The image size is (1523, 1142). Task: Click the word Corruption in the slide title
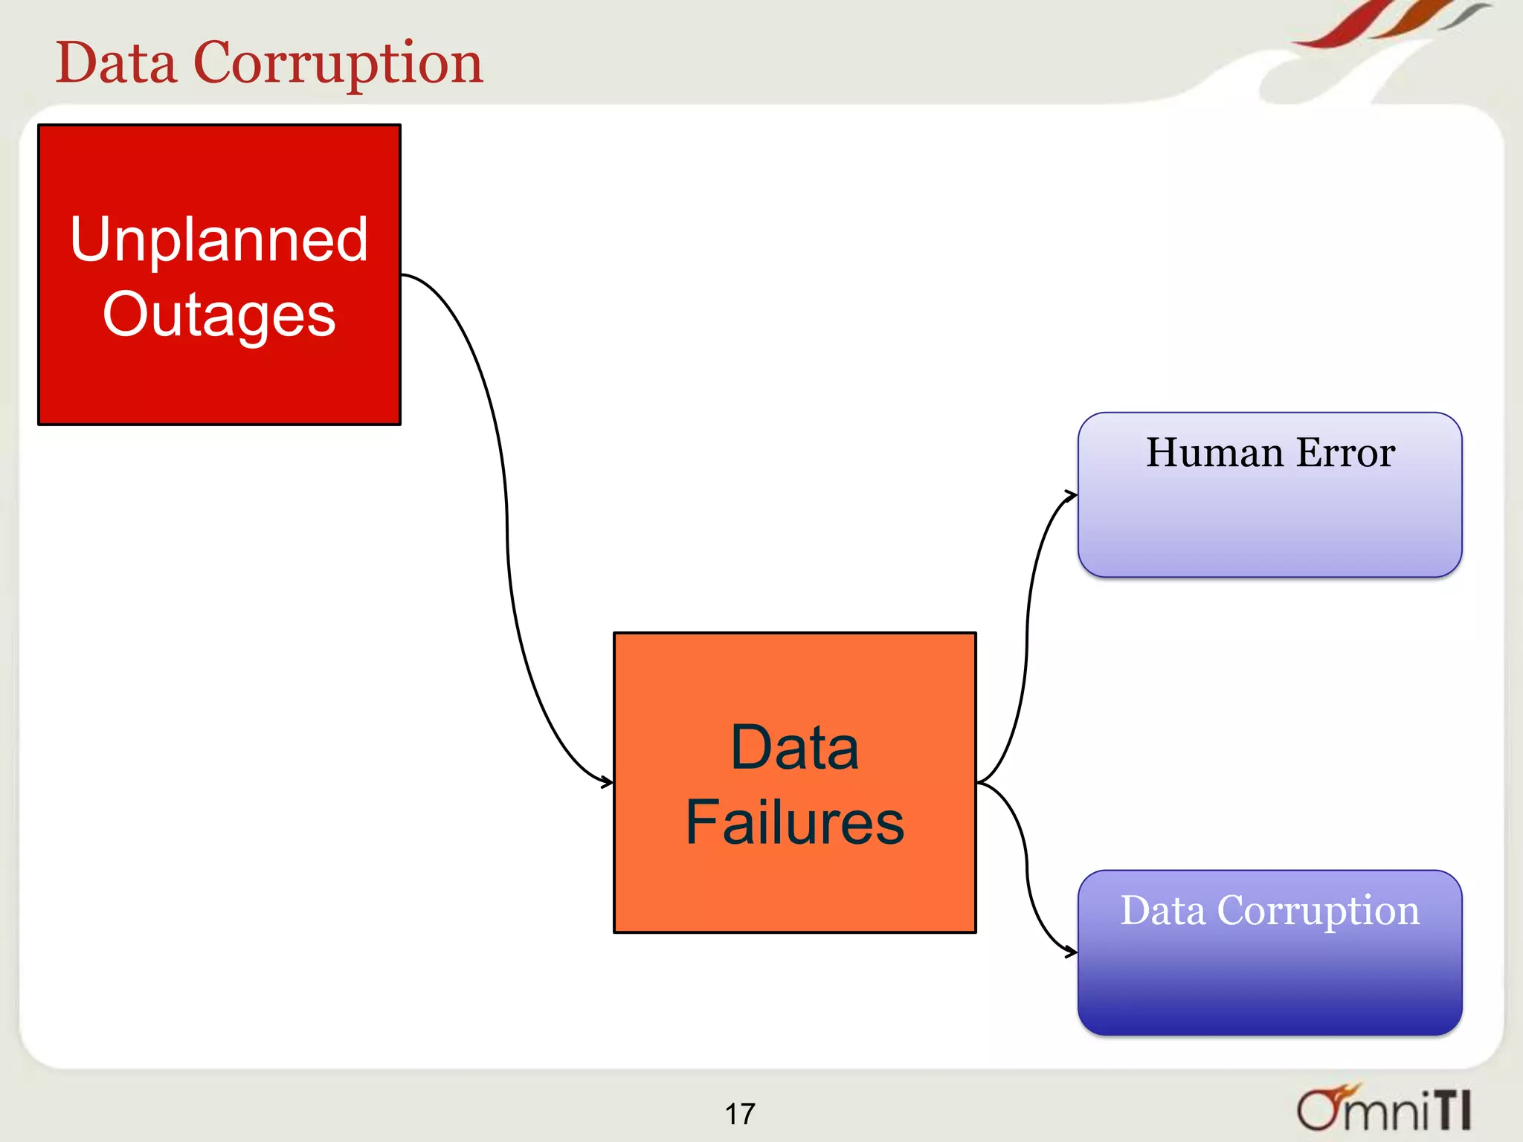(x=338, y=63)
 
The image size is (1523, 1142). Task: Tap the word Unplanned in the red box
(x=219, y=239)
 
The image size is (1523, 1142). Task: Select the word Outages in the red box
(x=219, y=315)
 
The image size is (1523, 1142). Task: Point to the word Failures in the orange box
(x=794, y=822)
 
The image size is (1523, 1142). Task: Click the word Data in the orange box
(x=794, y=747)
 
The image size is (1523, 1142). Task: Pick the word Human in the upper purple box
(x=1214, y=453)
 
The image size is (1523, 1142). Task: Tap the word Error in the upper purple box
(x=1345, y=453)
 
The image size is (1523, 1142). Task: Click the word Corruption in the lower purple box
(x=1318, y=912)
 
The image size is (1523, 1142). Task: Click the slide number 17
(x=740, y=1114)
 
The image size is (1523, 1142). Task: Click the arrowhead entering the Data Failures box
(x=608, y=782)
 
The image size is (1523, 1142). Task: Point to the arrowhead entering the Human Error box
(x=1072, y=495)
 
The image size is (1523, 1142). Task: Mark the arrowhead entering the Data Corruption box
(x=1072, y=952)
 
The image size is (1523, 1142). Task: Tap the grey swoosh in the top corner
(x=1465, y=15)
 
